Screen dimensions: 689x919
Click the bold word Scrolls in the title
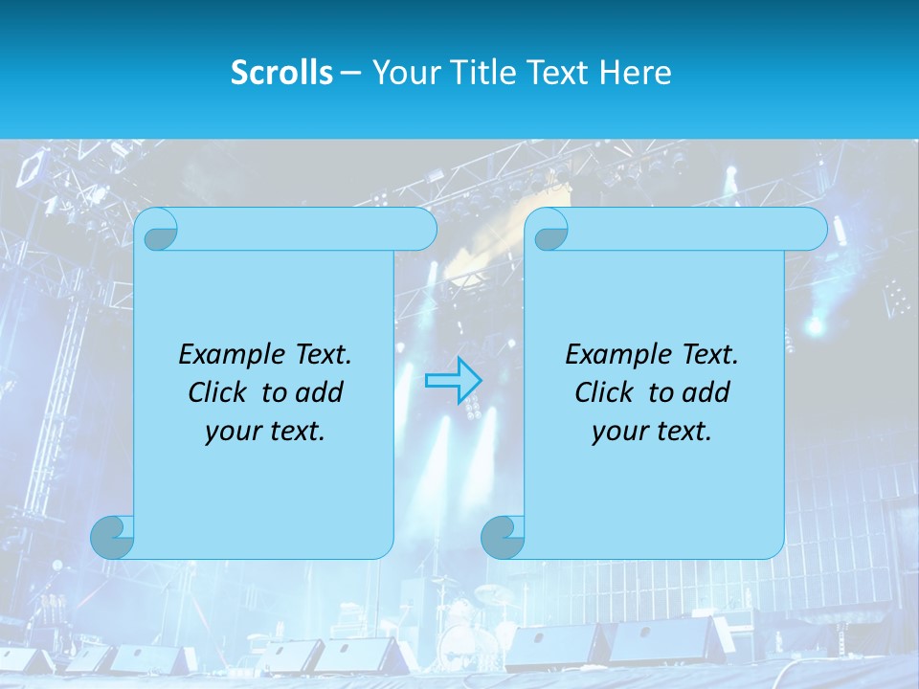(282, 73)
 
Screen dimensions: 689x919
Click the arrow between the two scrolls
(453, 380)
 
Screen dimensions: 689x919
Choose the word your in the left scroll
(232, 432)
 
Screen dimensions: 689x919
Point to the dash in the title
(351, 73)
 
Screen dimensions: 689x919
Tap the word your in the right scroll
(618, 432)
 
